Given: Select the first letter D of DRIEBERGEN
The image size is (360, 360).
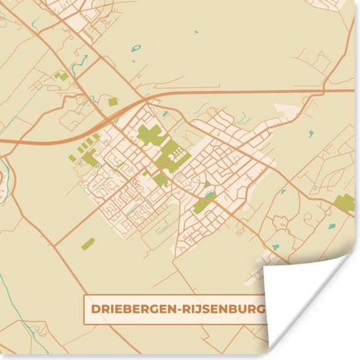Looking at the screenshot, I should (94, 308).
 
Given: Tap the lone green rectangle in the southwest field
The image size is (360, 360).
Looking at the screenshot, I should (87, 244).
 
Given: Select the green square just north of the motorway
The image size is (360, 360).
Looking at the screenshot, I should (113, 101).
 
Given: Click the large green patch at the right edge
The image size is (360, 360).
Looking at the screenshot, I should (344, 202).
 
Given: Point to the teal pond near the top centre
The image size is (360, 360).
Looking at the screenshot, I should (136, 48).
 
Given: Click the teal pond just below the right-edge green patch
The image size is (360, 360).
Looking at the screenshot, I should (331, 226).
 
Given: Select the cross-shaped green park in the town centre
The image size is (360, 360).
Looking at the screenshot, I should (150, 135).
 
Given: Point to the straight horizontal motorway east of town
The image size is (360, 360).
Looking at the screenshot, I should (262, 91).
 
